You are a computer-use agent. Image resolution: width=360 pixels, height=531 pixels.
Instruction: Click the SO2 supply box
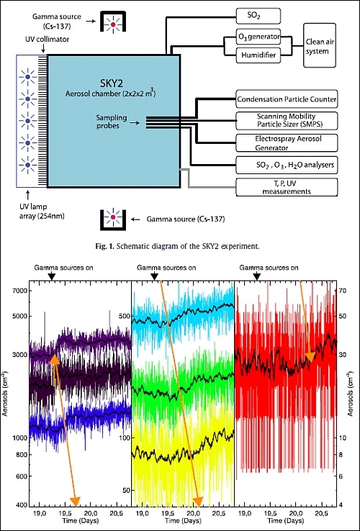(258, 17)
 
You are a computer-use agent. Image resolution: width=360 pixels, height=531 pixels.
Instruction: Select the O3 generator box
(258, 36)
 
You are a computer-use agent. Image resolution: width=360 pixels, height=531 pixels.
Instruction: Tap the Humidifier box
(258, 55)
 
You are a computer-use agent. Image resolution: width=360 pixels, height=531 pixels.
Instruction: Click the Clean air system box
(320, 46)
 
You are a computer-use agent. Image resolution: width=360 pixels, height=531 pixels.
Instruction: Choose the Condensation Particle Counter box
(287, 99)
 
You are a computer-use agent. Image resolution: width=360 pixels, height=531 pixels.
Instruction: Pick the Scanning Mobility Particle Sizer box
(287, 121)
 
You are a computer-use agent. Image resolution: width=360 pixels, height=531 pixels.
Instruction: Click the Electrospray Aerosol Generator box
(287, 143)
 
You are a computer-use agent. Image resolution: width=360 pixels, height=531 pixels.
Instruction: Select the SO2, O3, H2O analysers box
(287, 165)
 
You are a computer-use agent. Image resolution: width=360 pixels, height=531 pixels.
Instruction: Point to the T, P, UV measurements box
(287, 187)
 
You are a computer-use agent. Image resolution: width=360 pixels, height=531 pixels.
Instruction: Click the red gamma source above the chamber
(113, 24)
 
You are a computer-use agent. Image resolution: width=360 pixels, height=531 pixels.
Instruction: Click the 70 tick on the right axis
(342, 291)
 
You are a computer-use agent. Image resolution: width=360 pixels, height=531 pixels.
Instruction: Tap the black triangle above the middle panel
(154, 276)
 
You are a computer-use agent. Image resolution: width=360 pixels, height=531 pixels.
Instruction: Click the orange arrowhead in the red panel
(310, 358)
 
